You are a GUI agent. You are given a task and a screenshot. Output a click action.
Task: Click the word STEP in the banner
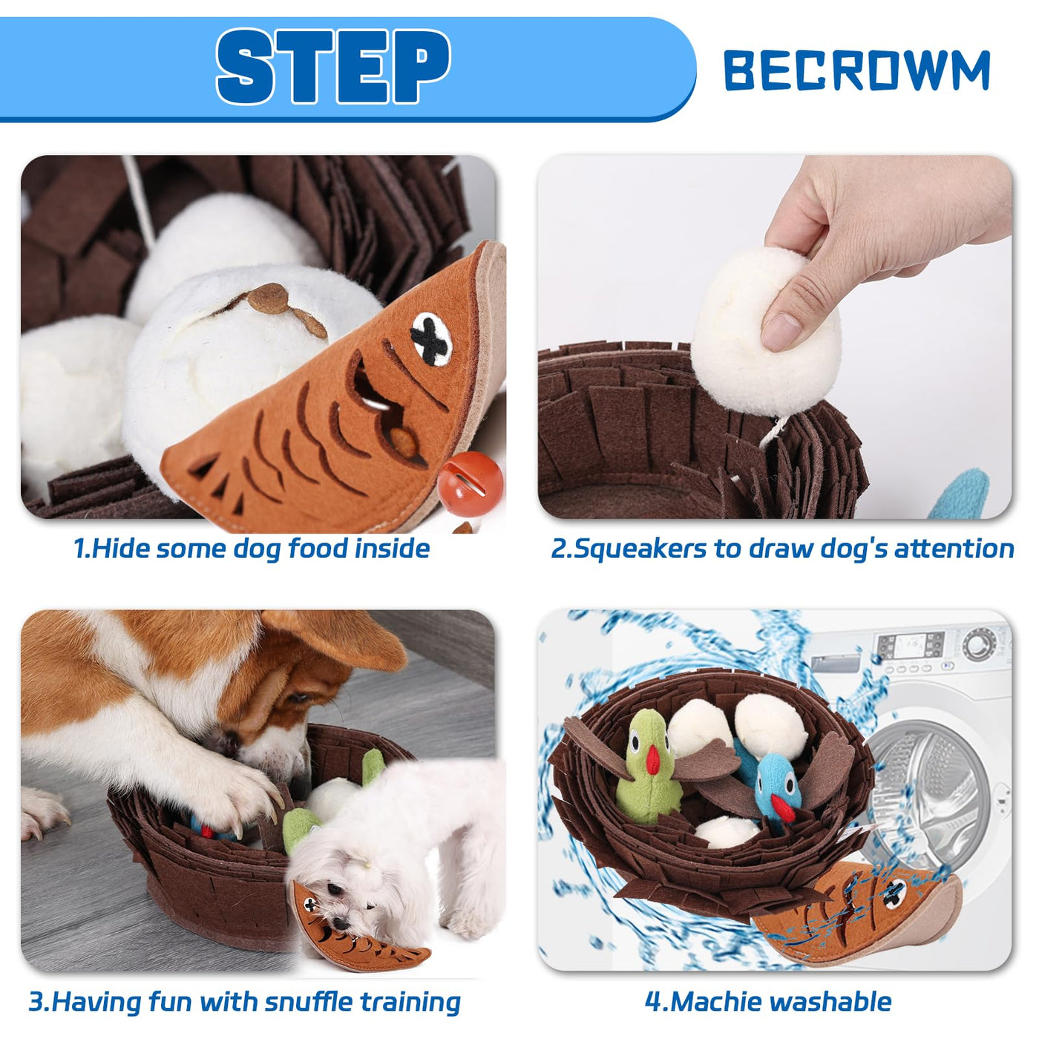tap(332, 66)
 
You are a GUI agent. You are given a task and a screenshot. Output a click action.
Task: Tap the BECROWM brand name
tap(856, 70)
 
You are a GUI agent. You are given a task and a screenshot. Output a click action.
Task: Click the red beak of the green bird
tap(653, 758)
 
